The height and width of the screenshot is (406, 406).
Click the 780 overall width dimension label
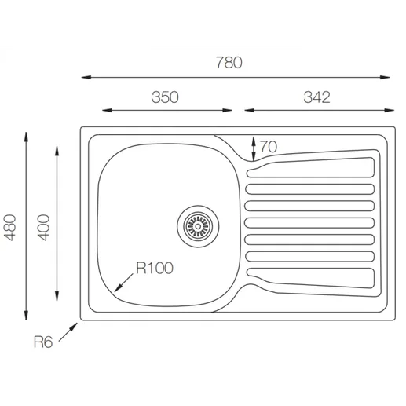click(229, 63)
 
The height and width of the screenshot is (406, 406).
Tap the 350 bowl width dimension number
click(165, 97)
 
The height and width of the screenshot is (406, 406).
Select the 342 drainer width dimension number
click(316, 97)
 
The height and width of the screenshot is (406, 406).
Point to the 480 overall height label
click(10, 227)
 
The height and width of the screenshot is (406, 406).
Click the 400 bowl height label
click(43, 227)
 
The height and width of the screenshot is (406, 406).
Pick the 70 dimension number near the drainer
click(269, 147)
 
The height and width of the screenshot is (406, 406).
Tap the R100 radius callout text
click(155, 268)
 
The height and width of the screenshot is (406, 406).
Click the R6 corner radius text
click(43, 342)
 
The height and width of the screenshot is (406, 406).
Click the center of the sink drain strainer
click(198, 226)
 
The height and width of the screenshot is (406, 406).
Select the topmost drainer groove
click(311, 167)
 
